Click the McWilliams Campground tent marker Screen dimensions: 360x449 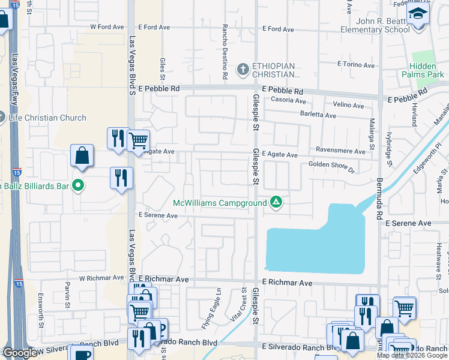276,202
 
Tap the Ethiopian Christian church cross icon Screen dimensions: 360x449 243,70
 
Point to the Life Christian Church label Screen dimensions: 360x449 47,118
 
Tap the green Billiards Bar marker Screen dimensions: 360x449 77,185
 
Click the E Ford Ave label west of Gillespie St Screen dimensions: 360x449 155,27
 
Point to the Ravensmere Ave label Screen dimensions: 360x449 339,152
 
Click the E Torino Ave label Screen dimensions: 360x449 356,64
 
